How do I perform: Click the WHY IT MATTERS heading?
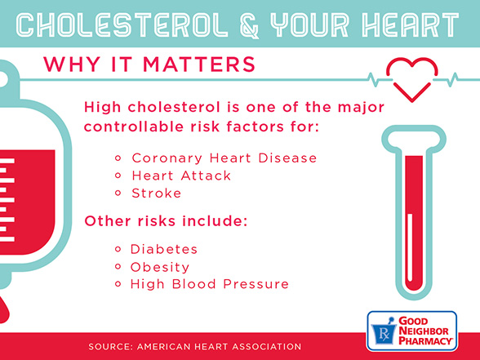tap(149, 64)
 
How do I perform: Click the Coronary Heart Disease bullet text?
tap(224, 158)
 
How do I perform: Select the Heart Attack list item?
tap(181, 176)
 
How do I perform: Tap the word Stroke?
tap(156, 193)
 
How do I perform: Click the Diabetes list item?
tap(164, 249)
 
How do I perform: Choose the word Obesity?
tap(160, 267)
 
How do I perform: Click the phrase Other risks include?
tap(166, 221)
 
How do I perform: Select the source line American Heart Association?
tap(194, 347)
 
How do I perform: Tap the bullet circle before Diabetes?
tap(118, 249)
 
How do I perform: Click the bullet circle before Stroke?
tap(118, 193)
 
